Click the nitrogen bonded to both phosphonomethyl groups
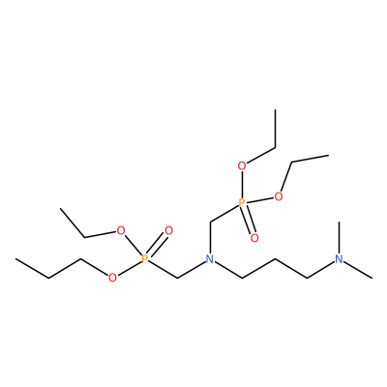pyautogui.click(x=210, y=258)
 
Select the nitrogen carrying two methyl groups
pyautogui.click(x=339, y=258)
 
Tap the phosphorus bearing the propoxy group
pyautogui.click(x=145, y=258)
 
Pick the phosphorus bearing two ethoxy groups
pyautogui.click(x=242, y=203)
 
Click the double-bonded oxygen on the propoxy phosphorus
pyautogui.click(x=168, y=231)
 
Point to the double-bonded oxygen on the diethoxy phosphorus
pyautogui.click(x=254, y=238)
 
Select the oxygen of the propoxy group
pyautogui.click(x=112, y=278)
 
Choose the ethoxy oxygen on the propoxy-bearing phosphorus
pyautogui.click(x=121, y=231)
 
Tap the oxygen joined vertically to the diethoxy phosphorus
pyautogui.click(x=242, y=166)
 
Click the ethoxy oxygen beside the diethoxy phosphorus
pyautogui.click(x=279, y=196)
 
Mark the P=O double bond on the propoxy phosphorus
pyautogui.click(x=157, y=245)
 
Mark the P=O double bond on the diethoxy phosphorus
pyautogui.click(x=248, y=221)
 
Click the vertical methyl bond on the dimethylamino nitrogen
pyautogui.click(x=339, y=238)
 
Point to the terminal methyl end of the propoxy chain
pyautogui.click(x=15, y=258)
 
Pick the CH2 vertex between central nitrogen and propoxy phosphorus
pyautogui.click(x=177, y=278)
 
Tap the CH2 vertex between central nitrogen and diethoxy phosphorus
pyautogui.click(x=210, y=222)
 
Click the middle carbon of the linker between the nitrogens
pyautogui.click(x=275, y=258)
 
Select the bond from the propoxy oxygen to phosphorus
pyautogui.click(x=129, y=268)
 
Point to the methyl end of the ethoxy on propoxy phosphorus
pyautogui.click(x=61, y=209)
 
